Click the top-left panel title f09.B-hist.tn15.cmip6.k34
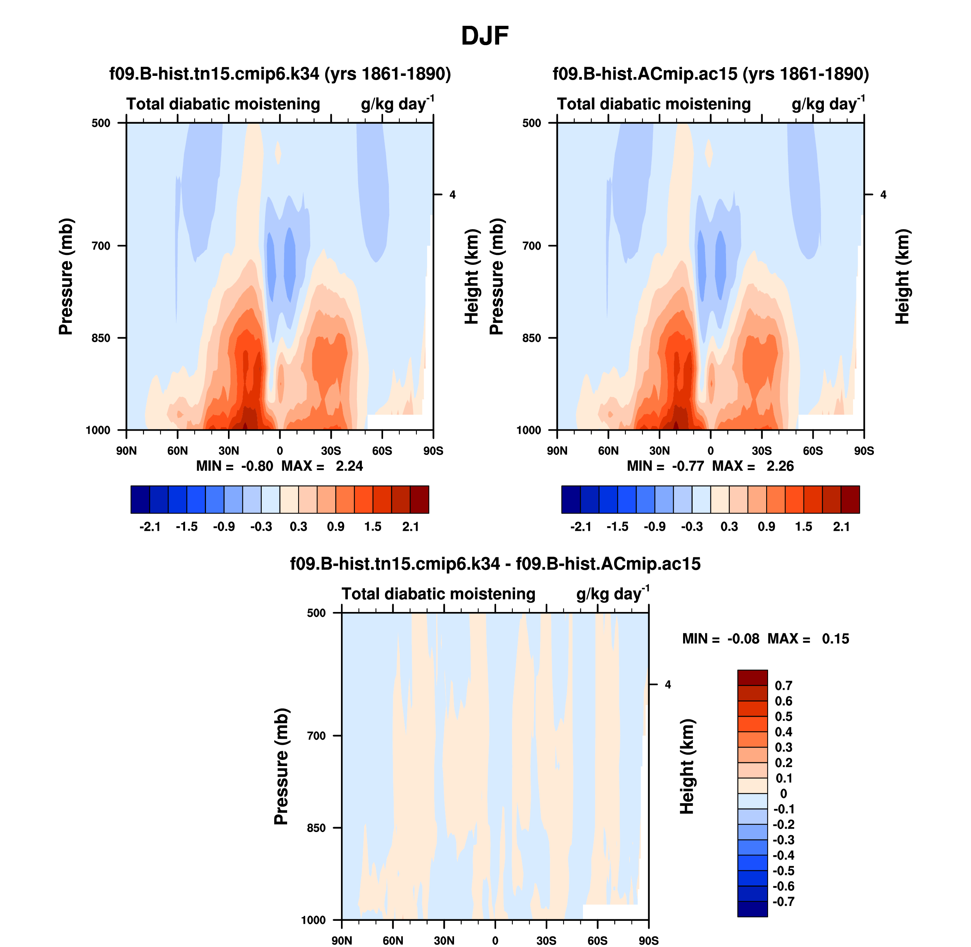[280, 74]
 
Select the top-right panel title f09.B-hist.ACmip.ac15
[710, 74]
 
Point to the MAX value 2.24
[349, 466]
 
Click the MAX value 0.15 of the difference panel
[835, 639]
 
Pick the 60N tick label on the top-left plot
[178, 451]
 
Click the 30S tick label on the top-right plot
[761, 451]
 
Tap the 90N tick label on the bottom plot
[342, 941]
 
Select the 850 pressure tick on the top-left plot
[101, 338]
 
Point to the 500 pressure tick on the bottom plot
[316, 613]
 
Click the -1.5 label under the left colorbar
[187, 527]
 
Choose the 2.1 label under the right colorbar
[841, 527]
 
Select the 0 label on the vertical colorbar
[783, 794]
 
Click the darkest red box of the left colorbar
[419, 499]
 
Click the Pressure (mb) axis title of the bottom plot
[281, 766]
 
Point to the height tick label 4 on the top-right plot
[883, 195]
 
